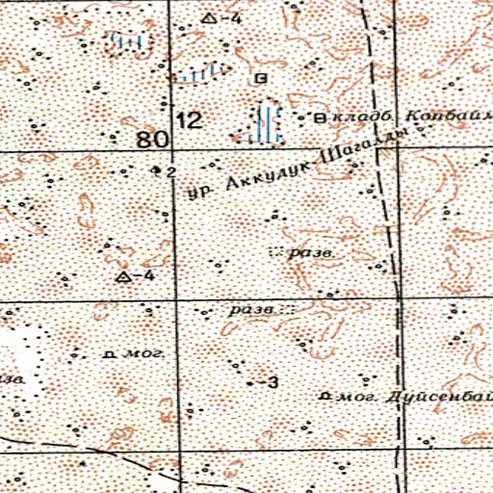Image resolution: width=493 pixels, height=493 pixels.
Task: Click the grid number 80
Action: [x=149, y=140]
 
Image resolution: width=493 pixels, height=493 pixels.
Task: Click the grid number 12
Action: [x=191, y=120]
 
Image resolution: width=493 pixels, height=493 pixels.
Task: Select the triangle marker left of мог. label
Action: [x=122, y=277]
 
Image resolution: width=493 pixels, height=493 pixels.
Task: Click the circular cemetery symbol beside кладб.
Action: [x=321, y=118]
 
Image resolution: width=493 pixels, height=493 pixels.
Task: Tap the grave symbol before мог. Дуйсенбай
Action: [x=325, y=396]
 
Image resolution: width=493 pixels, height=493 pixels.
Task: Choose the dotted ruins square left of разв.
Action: [x=277, y=252]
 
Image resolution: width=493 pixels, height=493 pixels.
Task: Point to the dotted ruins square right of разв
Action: [x=286, y=310]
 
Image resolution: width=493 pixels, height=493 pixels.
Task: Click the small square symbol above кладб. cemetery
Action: [x=261, y=76]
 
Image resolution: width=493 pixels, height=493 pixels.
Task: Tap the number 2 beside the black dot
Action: [x=169, y=171]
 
